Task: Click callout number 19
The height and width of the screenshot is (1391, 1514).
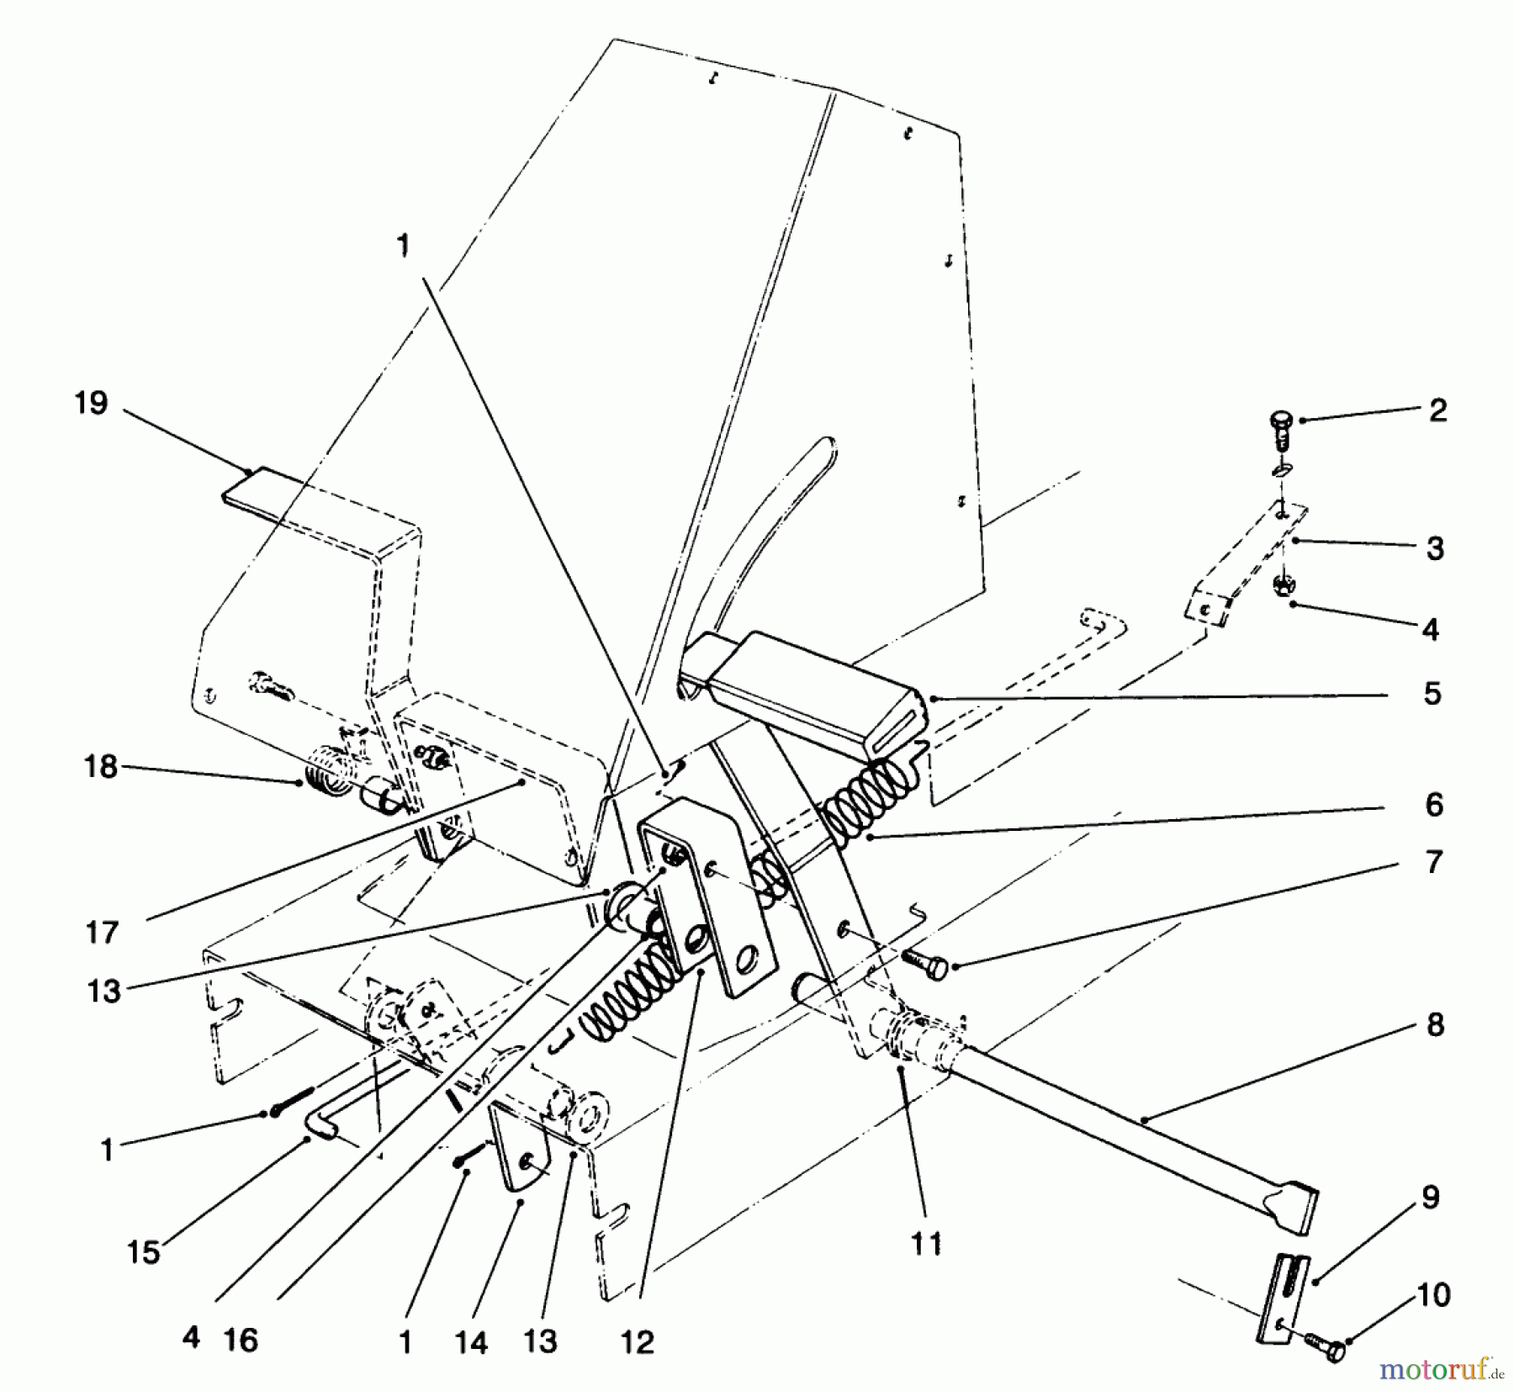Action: pyautogui.click(x=92, y=404)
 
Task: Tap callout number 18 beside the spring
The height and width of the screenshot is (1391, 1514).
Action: pyautogui.click(x=101, y=767)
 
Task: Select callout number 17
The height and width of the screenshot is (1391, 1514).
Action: pyautogui.click(x=102, y=933)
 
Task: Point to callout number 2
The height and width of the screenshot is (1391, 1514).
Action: pyautogui.click(x=1437, y=410)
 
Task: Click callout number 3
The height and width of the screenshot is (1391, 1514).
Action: pyautogui.click(x=1436, y=548)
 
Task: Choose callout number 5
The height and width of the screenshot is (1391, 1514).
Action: pyautogui.click(x=1433, y=694)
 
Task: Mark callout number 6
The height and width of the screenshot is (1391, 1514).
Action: pyautogui.click(x=1435, y=805)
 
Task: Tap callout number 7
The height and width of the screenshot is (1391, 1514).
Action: pyautogui.click(x=1435, y=862)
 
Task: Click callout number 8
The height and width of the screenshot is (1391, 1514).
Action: pyautogui.click(x=1435, y=1025)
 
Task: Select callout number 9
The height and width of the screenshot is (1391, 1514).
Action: pyautogui.click(x=1431, y=1198)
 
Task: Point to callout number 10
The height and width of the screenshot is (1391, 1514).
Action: pyautogui.click(x=1434, y=1295)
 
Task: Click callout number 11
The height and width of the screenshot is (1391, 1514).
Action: pyautogui.click(x=927, y=1244)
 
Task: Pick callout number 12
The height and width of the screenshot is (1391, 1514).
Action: pyautogui.click(x=638, y=1342)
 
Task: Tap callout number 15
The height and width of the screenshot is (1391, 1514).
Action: pyautogui.click(x=144, y=1252)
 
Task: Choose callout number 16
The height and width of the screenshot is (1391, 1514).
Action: pyautogui.click(x=241, y=1340)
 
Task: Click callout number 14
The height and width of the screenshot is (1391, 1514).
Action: pyautogui.click(x=472, y=1342)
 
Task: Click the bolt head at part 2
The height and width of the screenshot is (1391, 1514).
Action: pyautogui.click(x=1281, y=417)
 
